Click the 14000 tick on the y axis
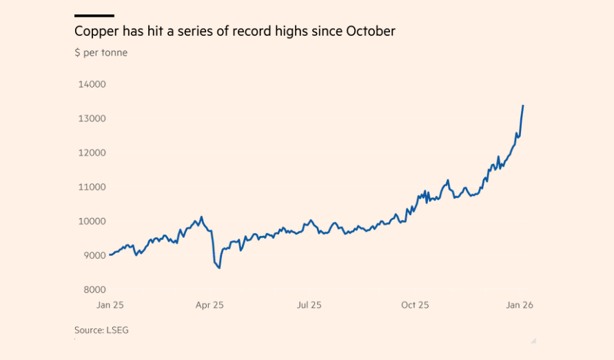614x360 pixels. [x=92, y=84]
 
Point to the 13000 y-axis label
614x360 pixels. [x=92, y=119]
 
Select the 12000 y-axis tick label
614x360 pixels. [x=92, y=152]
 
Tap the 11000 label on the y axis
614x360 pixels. [x=92, y=187]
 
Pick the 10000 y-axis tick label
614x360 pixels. [x=92, y=221]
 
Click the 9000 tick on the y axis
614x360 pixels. [x=94, y=255]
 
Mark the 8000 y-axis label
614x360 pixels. [x=94, y=290]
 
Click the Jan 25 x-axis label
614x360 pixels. [x=110, y=305]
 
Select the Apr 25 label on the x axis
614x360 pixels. [x=209, y=305]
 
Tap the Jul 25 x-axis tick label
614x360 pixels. [x=309, y=305]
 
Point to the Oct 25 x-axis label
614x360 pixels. [x=415, y=305]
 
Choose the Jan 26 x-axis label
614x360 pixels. [x=520, y=305]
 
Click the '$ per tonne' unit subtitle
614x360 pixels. [x=101, y=52]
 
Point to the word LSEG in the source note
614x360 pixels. [x=117, y=330]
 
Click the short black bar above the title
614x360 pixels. [x=94, y=15]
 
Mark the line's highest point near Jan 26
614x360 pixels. [x=523, y=106]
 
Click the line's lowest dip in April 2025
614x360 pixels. [x=219, y=268]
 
